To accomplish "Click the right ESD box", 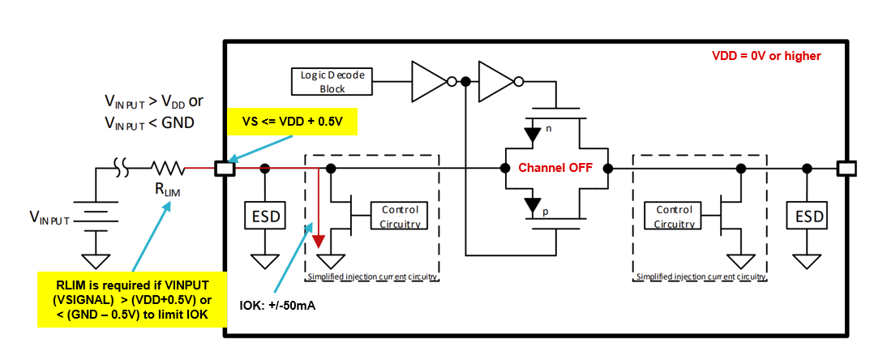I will (808, 216).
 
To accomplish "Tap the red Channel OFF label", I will (555, 169).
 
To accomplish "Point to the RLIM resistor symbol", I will (169, 169).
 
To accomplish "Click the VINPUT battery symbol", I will (96, 216).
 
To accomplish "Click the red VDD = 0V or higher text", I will (766, 56).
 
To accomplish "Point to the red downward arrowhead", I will (319, 241).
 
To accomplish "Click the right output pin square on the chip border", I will (846, 169).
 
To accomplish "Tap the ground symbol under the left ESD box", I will (264, 260).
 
